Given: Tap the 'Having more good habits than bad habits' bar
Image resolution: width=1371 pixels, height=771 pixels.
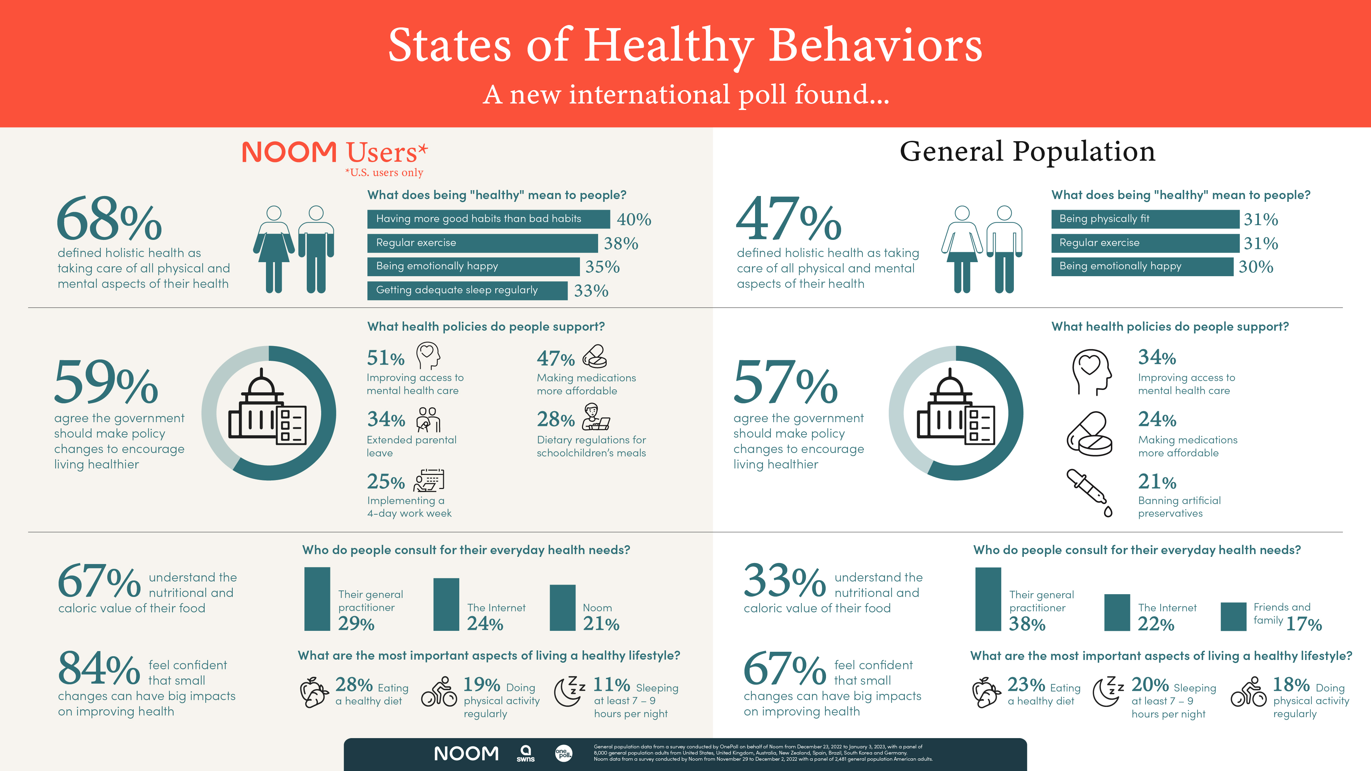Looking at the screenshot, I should click(x=488, y=219).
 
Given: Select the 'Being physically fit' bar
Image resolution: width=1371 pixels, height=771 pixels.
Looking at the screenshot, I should click(x=1145, y=219).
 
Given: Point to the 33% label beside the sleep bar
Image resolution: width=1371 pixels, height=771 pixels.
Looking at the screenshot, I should click(x=591, y=291).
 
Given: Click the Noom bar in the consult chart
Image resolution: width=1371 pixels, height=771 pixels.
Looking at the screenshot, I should click(x=562, y=608).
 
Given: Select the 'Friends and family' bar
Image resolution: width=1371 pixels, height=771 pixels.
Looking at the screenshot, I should click(x=1233, y=617).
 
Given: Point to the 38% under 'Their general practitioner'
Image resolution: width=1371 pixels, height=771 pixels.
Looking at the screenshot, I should click(x=1027, y=624).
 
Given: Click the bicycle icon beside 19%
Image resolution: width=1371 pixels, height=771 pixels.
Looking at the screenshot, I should click(x=439, y=692).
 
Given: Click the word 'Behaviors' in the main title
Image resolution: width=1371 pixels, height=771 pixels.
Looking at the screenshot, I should click(x=875, y=46).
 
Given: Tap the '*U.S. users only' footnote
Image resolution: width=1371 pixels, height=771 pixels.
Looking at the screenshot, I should click(x=384, y=172).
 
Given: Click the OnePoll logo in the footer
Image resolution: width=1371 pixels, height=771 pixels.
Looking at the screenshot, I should click(x=563, y=753).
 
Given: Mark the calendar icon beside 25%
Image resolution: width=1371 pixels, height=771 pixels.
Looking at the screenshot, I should click(x=429, y=480).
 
